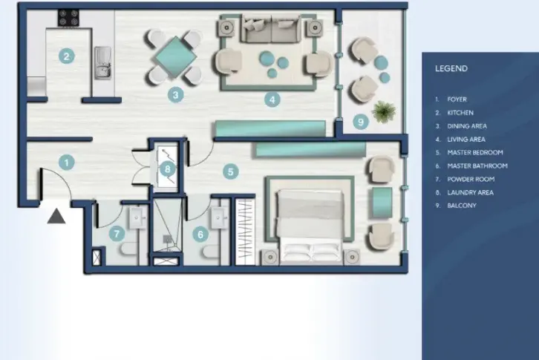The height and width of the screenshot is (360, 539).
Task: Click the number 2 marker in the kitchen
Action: [67, 56]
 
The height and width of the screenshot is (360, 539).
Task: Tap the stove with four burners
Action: [68, 19]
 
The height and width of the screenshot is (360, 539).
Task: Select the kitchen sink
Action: [102, 63]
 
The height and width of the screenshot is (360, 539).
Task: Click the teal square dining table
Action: [175, 57]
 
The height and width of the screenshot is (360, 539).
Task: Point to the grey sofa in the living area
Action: [271, 28]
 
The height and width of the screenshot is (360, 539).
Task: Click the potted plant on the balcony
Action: [384, 111]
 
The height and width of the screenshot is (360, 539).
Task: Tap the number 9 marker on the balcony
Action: [361, 122]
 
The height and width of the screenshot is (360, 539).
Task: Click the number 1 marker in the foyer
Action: [67, 163]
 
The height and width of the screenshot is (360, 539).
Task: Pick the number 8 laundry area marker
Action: [168, 168]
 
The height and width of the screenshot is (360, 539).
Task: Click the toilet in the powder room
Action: [129, 249]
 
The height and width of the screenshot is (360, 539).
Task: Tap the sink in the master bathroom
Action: [219, 217]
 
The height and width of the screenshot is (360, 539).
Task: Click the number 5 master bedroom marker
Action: [231, 171]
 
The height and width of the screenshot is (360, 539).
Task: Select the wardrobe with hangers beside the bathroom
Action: [245, 232]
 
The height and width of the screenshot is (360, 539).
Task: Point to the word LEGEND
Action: [451, 68]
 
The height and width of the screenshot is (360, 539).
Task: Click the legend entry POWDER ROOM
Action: [471, 179]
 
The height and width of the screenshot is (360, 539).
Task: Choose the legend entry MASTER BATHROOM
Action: [477, 166]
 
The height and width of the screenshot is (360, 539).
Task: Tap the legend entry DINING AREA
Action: [467, 126]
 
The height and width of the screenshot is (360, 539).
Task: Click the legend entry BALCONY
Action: [462, 206]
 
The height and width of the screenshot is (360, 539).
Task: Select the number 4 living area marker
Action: [272, 99]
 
